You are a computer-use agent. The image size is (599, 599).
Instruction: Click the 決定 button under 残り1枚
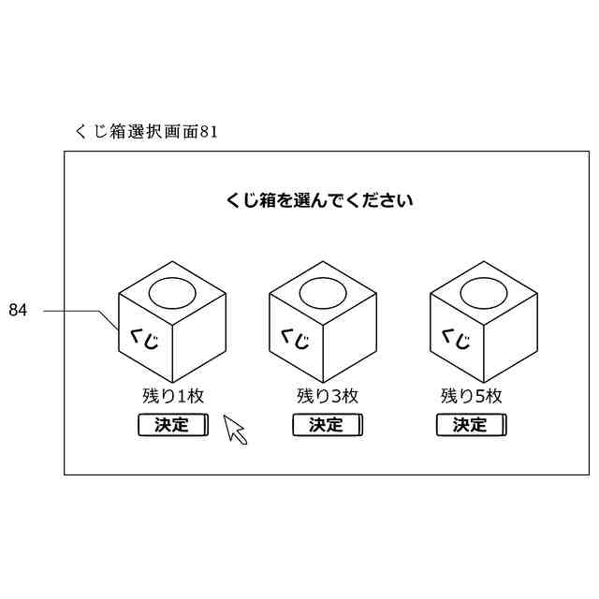[x=172, y=425]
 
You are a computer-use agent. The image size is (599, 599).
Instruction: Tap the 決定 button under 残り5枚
[x=471, y=425]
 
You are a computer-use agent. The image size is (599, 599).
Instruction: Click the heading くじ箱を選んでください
[x=320, y=199]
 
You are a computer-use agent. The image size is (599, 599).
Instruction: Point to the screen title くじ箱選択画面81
[x=146, y=132]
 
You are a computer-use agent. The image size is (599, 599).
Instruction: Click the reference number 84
[x=18, y=310]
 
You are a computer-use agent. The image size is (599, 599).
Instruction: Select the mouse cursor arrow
[x=234, y=430]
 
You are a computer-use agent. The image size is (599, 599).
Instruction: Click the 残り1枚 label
[x=173, y=395]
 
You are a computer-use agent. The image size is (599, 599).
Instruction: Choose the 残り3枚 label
[x=327, y=395]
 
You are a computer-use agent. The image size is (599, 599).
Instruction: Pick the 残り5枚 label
[x=472, y=395]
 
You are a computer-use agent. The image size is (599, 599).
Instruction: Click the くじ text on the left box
[x=144, y=336]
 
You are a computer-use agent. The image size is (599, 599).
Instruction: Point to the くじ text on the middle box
[x=295, y=338]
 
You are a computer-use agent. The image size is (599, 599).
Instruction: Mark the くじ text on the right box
[x=455, y=336]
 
